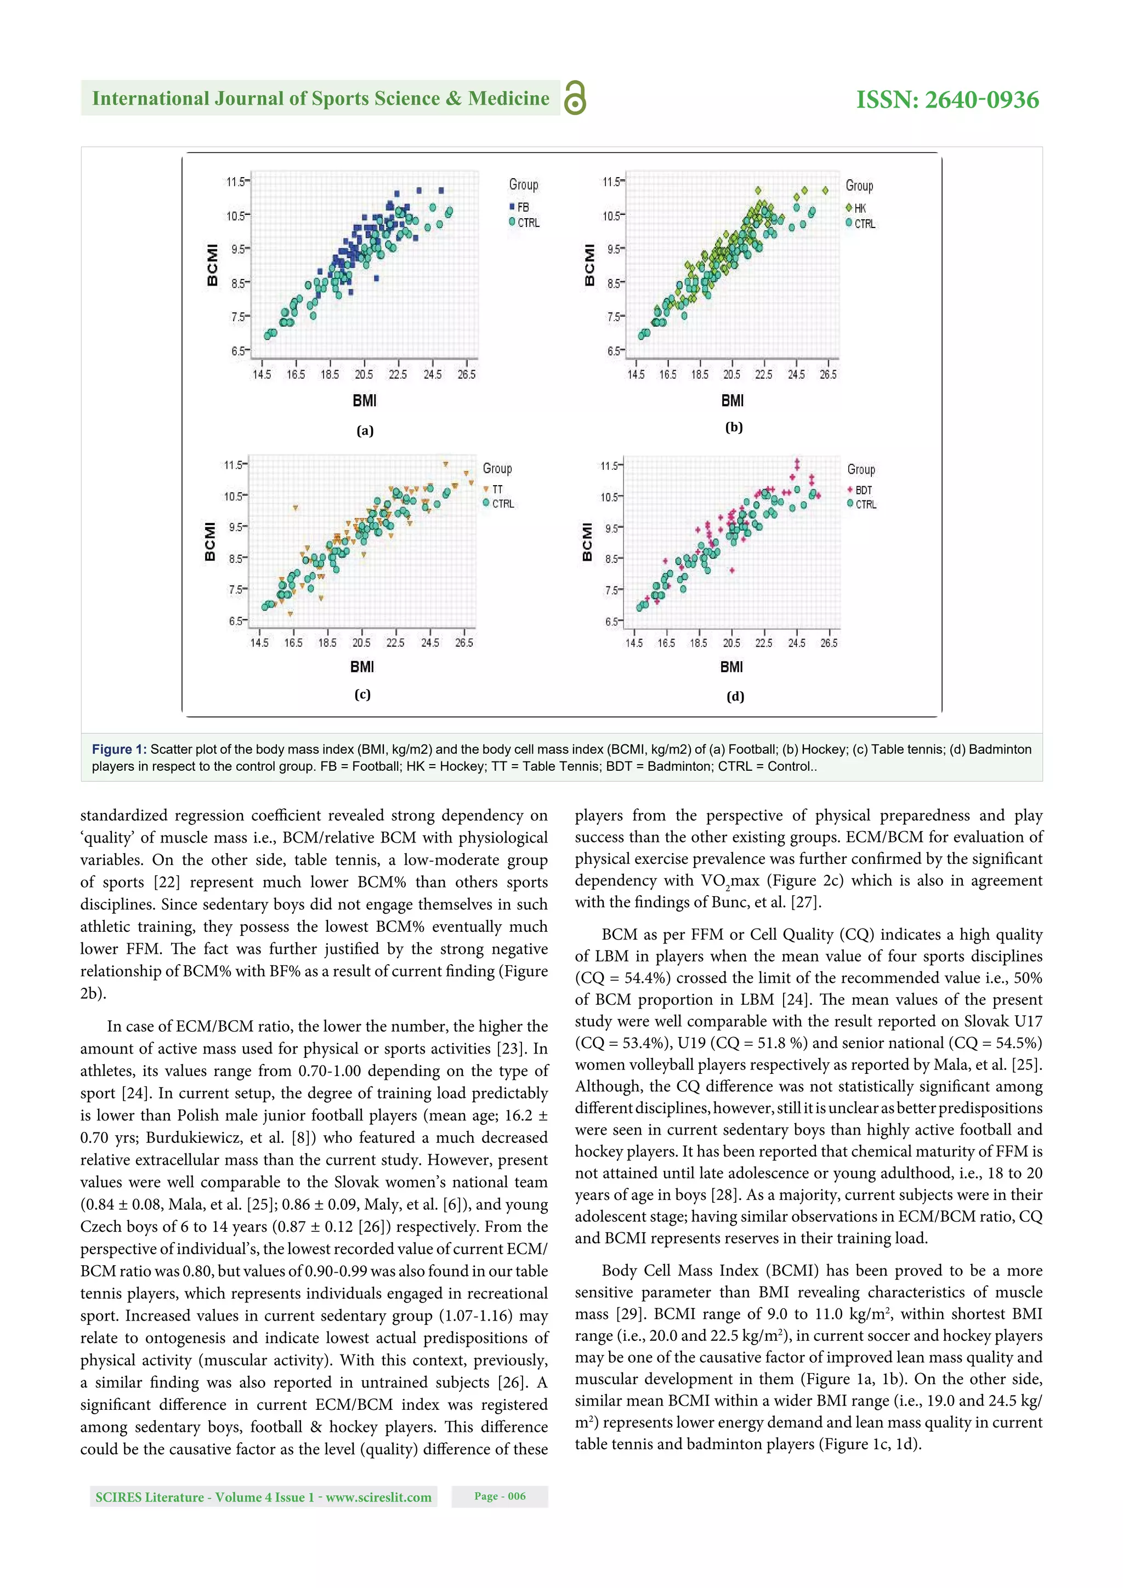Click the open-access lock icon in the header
click(575, 98)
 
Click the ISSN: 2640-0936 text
click(946, 100)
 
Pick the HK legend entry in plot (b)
click(856, 208)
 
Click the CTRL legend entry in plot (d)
click(861, 504)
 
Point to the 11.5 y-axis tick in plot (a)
click(236, 182)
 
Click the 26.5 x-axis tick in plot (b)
click(827, 374)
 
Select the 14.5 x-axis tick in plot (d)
click(634, 643)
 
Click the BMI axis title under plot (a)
click(364, 401)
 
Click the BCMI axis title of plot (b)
click(589, 264)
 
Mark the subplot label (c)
click(362, 695)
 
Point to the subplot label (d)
click(735, 697)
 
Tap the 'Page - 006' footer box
click(500, 1496)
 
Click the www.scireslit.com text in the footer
click(378, 1498)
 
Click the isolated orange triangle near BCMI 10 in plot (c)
click(296, 508)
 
